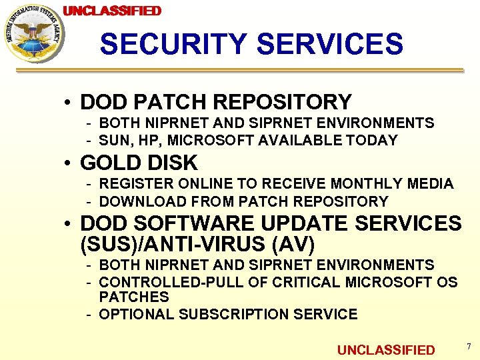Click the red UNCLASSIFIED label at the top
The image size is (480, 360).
pyautogui.click(x=112, y=11)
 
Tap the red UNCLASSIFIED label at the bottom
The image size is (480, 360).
pyautogui.click(x=385, y=350)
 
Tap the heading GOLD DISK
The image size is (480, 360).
pyautogui.click(x=139, y=163)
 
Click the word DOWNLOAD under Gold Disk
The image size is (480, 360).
pyautogui.click(x=140, y=201)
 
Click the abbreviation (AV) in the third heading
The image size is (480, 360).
pyautogui.click(x=297, y=244)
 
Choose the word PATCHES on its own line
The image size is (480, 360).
pyautogui.click(x=134, y=297)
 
